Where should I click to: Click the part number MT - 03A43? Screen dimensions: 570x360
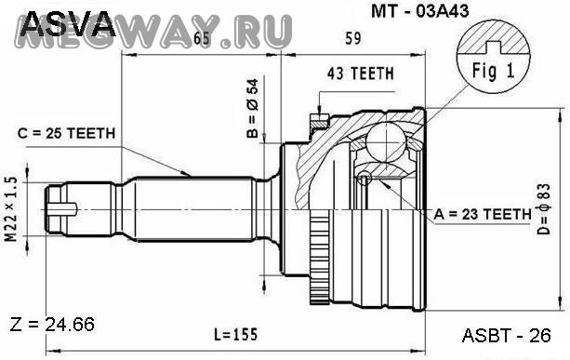(x=420, y=11)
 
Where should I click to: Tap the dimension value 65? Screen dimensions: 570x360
(x=202, y=38)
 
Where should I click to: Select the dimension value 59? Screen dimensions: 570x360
(x=353, y=38)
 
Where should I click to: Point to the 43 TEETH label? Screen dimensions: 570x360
(x=360, y=73)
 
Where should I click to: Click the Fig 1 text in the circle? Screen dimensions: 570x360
(x=494, y=70)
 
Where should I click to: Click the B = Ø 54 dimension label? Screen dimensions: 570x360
(x=252, y=108)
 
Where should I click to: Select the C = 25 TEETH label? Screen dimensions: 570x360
(x=67, y=133)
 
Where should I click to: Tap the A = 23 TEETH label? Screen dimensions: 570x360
(x=483, y=214)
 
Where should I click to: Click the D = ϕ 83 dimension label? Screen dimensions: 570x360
(x=543, y=208)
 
